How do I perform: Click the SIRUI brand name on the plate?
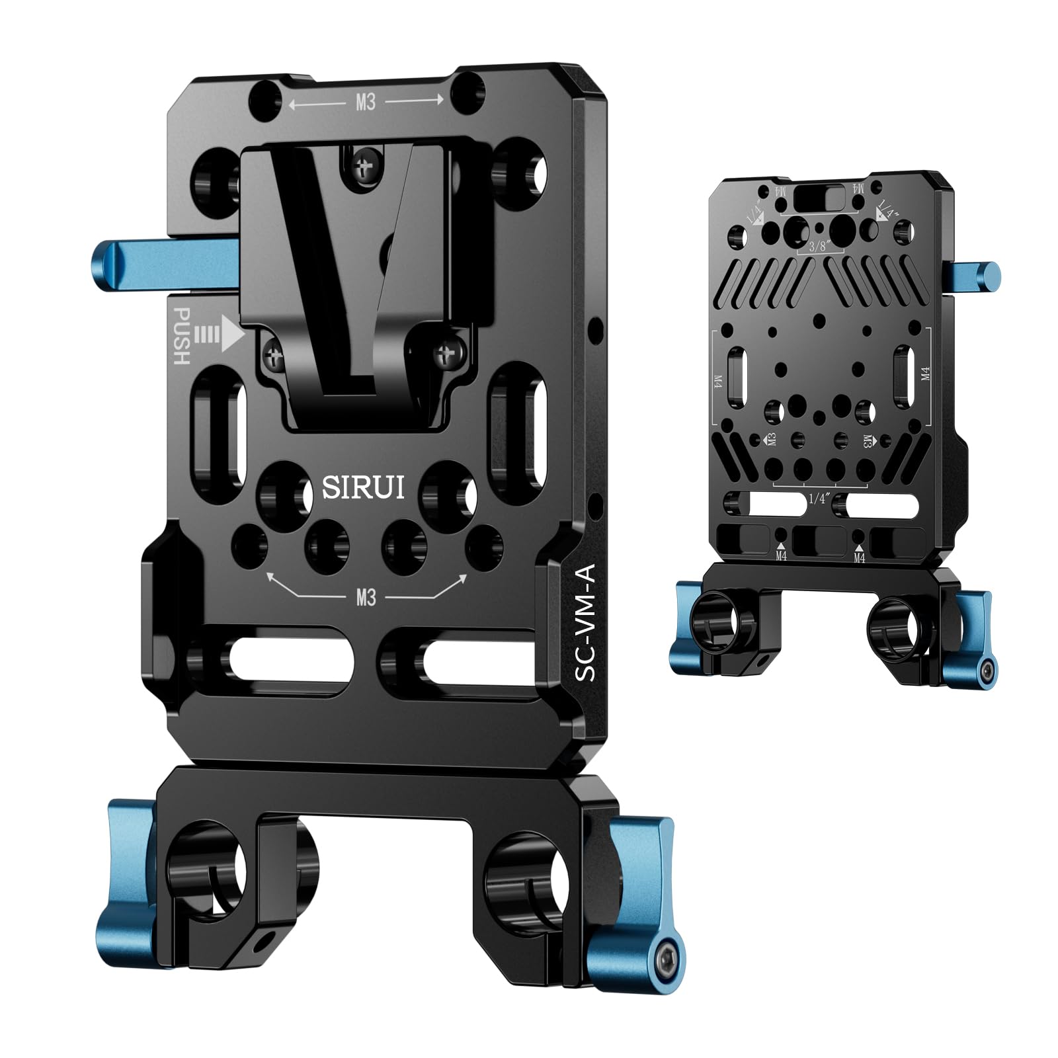coord(363,488)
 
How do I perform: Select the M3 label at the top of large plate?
coord(366,102)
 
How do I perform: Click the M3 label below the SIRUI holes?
coord(366,597)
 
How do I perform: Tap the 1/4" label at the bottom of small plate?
coord(818,499)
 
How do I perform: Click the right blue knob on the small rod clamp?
coord(971,635)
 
